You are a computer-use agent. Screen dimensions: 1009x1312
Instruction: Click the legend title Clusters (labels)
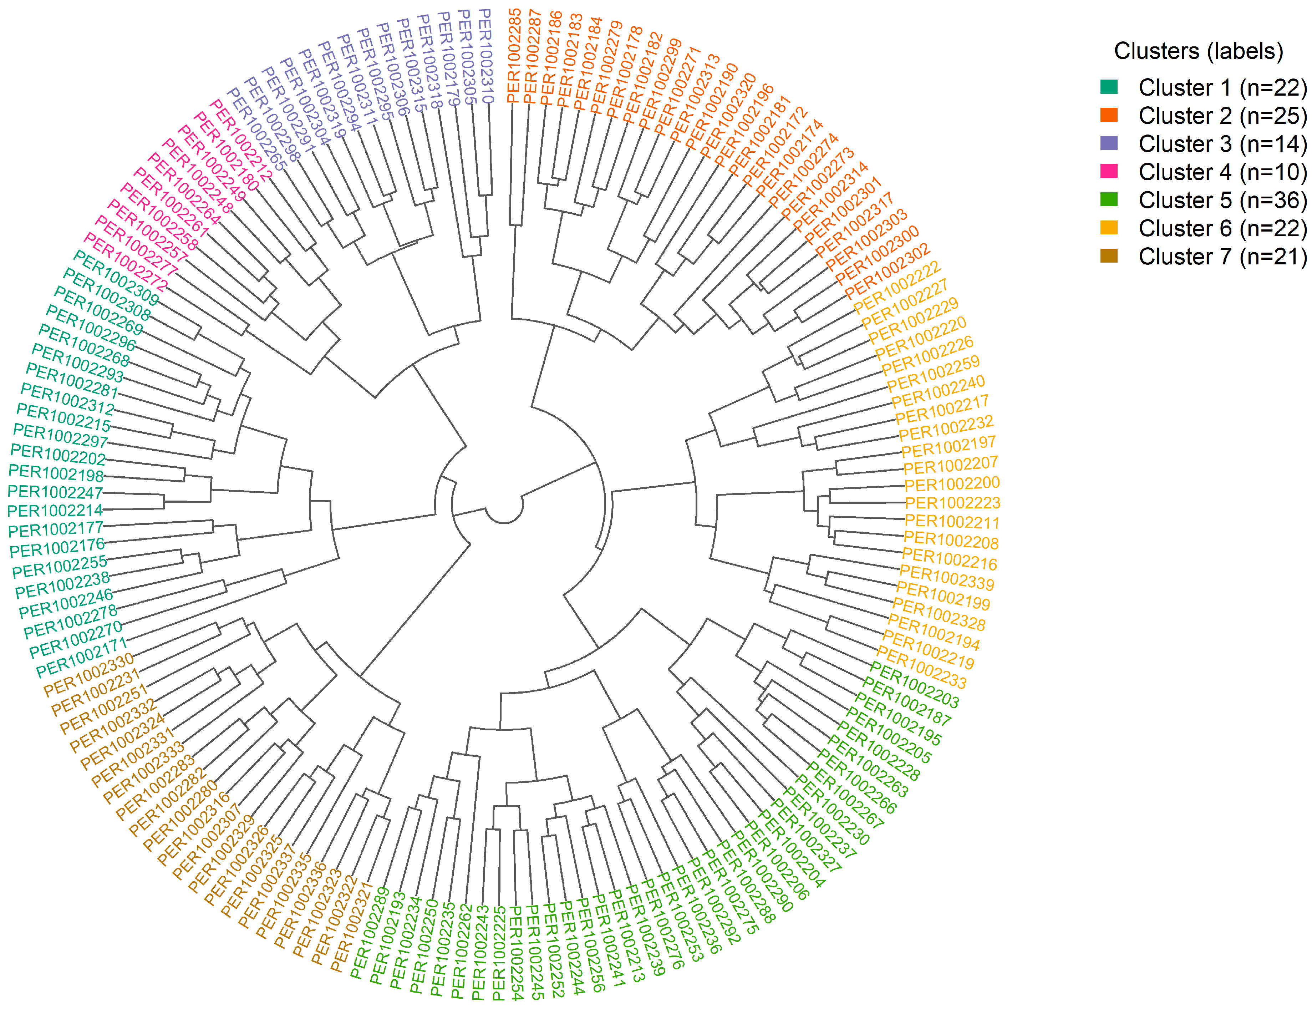click(x=1198, y=51)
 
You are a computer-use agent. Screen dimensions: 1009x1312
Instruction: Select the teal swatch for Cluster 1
click(x=1108, y=87)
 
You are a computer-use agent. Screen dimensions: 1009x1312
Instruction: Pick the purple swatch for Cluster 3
click(x=1108, y=143)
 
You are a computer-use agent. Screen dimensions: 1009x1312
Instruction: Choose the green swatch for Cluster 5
click(x=1108, y=199)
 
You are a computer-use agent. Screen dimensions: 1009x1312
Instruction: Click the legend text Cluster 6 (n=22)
click(x=1222, y=228)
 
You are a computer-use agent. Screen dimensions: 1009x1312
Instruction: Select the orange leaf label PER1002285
click(x=514, y=55)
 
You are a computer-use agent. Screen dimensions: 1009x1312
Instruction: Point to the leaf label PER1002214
click(x=55, y=511)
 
